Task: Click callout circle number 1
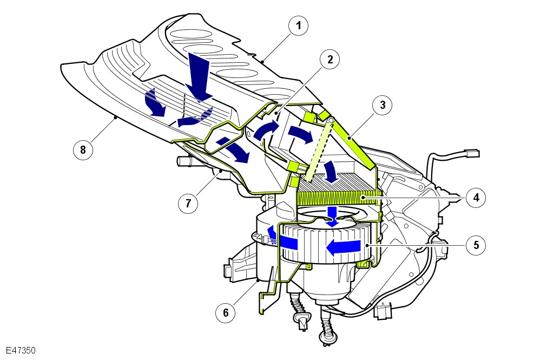click(x=298, y=25)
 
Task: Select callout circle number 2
click(x=329, y=60)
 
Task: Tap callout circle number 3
click(x=383, y=105)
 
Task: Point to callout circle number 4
click(x=476, y=198)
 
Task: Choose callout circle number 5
click(x=476, y=245)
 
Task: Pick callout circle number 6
click(x=226, y=312)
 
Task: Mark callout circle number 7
click(x=188, y=203)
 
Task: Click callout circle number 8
click(x=83, y=150)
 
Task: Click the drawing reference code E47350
click(x=21, y=350)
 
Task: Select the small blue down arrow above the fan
click(x=334, y=217)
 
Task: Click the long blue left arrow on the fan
click(x=343, y=247)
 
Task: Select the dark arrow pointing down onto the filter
click(x=330, y=172)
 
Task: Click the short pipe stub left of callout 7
click(x=183, y=161)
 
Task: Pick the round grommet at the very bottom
click(x=328, y=337)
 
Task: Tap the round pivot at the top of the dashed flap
click(x=331, y=121)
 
